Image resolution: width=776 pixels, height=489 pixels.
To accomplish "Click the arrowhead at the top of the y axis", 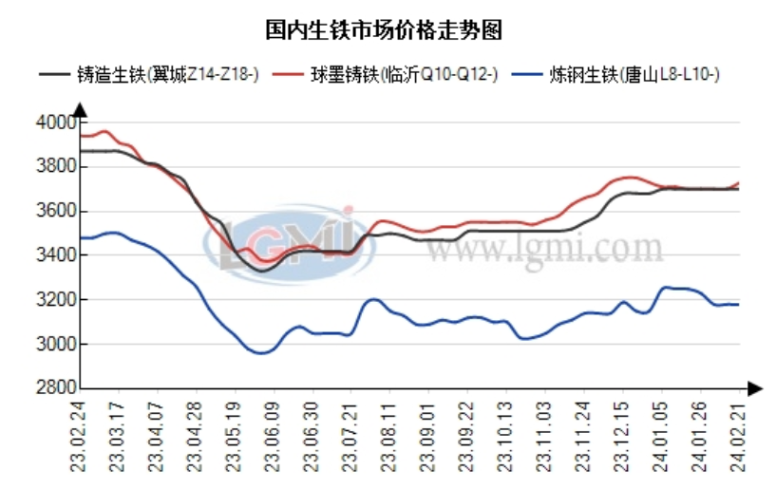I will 80,108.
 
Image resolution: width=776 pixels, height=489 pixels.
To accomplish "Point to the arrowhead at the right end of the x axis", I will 754,387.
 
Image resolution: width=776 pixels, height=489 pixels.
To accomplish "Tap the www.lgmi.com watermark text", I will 542,250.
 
